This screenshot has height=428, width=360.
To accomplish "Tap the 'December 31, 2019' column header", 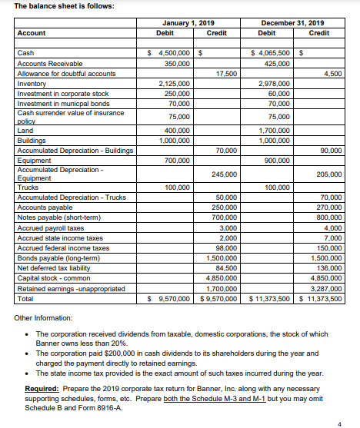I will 295,24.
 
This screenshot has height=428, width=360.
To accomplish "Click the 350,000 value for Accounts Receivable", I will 178,63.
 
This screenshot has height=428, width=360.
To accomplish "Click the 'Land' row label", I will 24,131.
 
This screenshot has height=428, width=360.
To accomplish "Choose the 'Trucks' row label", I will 27,187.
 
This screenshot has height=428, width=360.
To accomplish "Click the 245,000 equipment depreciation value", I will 225,174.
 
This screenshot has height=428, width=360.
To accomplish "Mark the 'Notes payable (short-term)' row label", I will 52,217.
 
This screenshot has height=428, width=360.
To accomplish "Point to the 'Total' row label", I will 25,298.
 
